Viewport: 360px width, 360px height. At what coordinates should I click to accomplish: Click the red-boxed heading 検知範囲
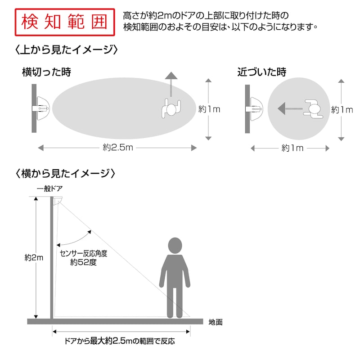(x=65, y=22)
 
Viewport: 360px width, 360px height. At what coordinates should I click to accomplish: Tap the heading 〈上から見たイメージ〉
(x=66, y=49)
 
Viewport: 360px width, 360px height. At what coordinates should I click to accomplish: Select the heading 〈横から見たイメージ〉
(x=65, y=173)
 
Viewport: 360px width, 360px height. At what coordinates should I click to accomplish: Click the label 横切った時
(x=47, y=72)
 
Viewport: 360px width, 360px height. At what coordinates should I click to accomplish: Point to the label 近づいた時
(x=262, y=72)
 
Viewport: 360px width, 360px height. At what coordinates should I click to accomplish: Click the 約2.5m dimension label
(x=118, y=148)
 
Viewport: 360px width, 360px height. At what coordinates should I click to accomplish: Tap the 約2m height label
(x=34, y=257)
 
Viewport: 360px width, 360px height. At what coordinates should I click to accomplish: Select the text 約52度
(x=83, y=262)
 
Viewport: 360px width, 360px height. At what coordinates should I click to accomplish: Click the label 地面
(x=216, y=322)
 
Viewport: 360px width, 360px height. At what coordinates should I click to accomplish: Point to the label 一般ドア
(x=50, y=189)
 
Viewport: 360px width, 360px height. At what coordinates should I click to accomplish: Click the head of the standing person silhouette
(x=175, y=245)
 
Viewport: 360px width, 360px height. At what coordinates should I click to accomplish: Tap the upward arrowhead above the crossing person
(x=171, y=76)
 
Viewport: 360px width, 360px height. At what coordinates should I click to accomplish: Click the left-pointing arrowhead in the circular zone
(x=282, y=108)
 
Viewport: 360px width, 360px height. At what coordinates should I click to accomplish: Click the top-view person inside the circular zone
(x=313, y=109)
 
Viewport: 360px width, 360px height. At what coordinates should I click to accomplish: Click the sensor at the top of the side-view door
(x=58, y=200)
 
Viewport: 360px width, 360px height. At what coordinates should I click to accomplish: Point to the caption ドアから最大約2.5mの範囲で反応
(x=119, y=341)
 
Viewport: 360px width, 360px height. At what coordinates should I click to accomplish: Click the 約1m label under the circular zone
(x=292, y=148)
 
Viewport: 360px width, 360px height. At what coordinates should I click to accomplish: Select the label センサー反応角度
(x=84, y=253)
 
